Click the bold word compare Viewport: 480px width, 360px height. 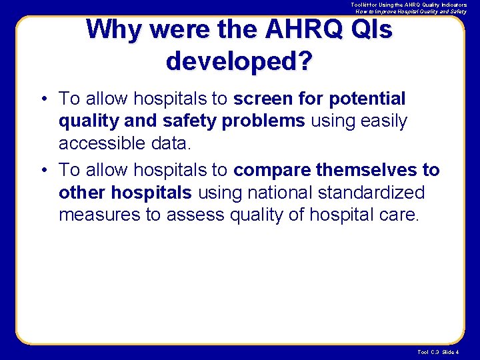pos(272,170)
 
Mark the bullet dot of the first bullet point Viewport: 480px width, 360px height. pos(43,99)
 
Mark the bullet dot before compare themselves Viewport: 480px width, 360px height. pos(43,171)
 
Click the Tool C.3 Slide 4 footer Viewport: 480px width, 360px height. pos(437,352)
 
